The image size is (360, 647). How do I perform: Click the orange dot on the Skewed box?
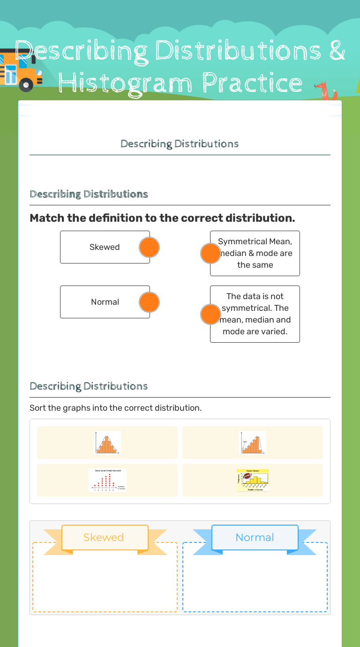click(x=150, y=248)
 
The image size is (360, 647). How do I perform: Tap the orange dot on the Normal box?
click(x=150, y=302)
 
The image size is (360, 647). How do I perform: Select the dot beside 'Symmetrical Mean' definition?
click(x=210, y=254)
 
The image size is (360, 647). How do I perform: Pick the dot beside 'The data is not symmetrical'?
click(x=210, y=315)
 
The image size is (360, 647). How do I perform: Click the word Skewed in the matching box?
click(x=105, y=247)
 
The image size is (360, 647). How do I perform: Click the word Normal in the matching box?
click(x=105, y=302)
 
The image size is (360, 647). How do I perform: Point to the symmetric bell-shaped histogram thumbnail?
click(x=107, y=443)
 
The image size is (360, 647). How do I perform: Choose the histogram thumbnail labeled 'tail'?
click(x=253, y=443)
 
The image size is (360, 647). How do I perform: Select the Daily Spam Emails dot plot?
click(x=107, y=480)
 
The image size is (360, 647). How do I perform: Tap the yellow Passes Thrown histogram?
click(x=253, y=480)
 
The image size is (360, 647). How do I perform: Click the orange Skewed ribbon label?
click(x=104, y=537)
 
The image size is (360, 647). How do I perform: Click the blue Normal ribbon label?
click(x=255, y=537)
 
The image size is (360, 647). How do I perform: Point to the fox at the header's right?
click(x=324, y=90)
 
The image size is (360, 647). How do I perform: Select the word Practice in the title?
click(x=253, y=83)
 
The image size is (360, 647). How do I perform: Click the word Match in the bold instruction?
click(x=47, y=218)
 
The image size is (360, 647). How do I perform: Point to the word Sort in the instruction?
click(x=37, y=408)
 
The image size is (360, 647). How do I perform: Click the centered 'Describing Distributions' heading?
click(x=180, y=144)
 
